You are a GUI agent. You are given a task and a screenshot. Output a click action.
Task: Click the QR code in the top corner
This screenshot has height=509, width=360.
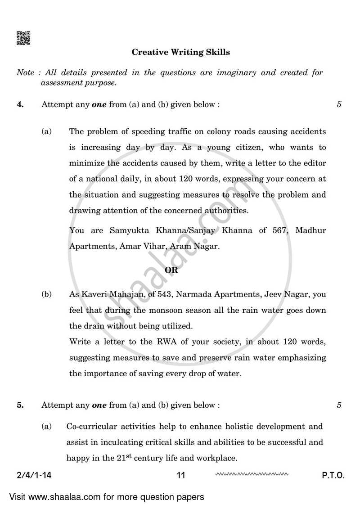point(23,38)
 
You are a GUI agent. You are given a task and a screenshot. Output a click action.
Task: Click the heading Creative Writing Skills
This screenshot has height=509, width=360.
point(180,52)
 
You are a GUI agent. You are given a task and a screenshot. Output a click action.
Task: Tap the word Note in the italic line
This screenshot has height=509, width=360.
point(25,72)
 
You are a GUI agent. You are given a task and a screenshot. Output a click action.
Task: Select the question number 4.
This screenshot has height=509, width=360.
point(20,104)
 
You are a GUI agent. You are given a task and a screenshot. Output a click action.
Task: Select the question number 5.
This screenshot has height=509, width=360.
point(20,405)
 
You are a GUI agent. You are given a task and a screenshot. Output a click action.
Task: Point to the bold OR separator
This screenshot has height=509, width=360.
point(171,270)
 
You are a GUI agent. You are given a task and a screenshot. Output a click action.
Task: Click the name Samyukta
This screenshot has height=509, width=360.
point(127,230)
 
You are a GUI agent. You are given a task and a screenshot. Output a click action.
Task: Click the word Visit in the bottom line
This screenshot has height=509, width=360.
point(18,497)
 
